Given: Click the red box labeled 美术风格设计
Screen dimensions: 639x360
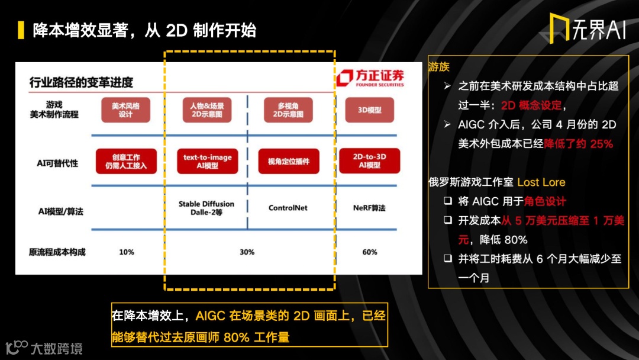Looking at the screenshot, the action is pos(125,110).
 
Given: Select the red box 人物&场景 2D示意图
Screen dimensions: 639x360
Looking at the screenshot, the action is pos(206,110).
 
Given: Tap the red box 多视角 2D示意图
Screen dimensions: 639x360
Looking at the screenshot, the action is pos(288,110).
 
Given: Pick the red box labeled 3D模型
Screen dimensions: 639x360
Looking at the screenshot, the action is pos(370,110).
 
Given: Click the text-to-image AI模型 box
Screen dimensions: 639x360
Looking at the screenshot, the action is pos(207,161).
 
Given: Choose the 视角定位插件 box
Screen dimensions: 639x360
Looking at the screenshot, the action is pos(288,161).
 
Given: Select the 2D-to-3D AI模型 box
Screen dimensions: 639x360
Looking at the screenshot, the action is pos(370,161).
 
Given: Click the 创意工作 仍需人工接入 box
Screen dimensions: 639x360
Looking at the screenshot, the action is pos(126,162).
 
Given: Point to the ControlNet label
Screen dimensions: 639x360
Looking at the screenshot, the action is pos(288,208).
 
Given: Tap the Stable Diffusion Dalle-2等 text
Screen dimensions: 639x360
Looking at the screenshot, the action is pos(206,208).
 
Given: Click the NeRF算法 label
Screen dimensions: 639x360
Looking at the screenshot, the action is pos(369,208).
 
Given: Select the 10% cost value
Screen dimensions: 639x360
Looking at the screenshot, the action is pos(127,252).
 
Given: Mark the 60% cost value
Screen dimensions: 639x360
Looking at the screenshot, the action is pos(370,252).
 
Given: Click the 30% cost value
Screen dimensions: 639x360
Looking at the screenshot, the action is pos(247,252).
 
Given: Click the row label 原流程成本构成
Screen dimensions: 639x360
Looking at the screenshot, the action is pos(57,252).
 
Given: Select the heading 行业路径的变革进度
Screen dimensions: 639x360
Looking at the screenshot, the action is pos(81,82).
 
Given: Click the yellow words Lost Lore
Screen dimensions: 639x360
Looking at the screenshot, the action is pos(541,182).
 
